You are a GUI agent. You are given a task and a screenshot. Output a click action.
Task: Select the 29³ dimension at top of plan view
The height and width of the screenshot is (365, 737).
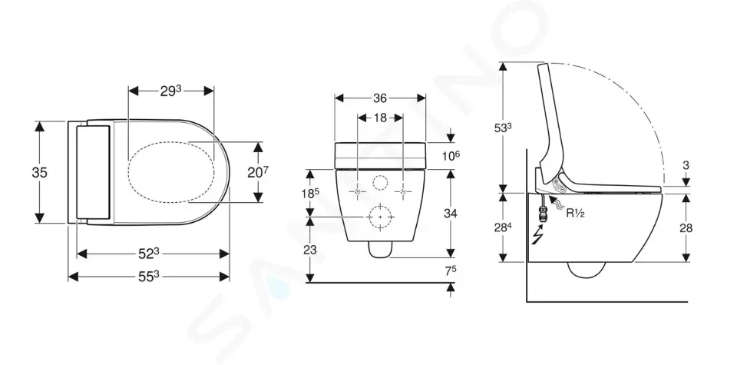(170, 91)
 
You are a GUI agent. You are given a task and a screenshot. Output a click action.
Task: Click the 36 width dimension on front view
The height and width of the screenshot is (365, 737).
(380, 98)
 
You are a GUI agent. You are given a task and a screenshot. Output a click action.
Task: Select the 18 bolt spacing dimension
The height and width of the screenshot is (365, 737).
(380, 118)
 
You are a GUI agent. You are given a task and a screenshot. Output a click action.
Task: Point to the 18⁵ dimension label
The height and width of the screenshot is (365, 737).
(311, 193)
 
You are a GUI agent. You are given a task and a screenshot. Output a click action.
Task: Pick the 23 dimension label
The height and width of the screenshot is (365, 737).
(311, 250)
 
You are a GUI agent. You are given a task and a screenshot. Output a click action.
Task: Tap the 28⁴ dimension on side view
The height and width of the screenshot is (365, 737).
(504, 227)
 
